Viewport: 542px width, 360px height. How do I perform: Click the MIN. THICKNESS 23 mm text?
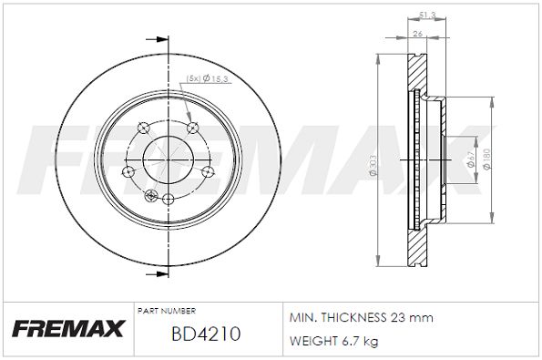click(x=360, y=317)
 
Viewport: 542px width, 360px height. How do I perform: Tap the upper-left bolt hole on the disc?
click(x=141, y=128)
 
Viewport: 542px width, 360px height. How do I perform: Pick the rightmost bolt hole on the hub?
click(x=208, y=170)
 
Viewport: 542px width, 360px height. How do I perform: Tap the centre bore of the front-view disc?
click(x=167, y=154)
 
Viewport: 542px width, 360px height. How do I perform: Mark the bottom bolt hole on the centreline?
click(x=167, y=198)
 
